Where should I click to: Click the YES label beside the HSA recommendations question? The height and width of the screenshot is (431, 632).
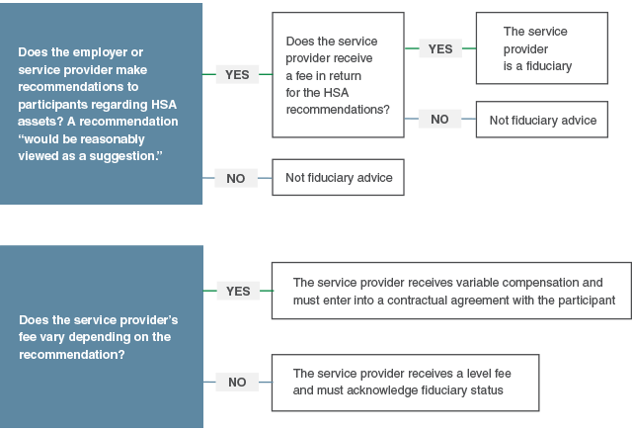pos(237,74)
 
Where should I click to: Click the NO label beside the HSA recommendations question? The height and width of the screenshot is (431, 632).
pos(236,179)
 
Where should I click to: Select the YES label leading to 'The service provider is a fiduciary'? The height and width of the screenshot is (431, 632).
pos(439,48)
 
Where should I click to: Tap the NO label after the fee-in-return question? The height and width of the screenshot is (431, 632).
pos(439,120)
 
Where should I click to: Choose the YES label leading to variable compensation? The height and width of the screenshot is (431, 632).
pos(238,291)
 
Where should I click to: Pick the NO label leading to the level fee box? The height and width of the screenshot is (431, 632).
pos(237,382)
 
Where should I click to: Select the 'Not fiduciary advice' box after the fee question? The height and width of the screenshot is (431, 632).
pos(542,120)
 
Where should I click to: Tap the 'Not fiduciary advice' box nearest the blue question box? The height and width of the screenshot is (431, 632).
pos(339,178)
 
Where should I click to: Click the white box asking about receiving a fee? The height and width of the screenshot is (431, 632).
pos(338,74)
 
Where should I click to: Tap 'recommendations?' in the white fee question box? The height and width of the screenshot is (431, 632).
pos(338,109)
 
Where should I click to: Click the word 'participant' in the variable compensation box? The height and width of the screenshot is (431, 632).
pos(582,300)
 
